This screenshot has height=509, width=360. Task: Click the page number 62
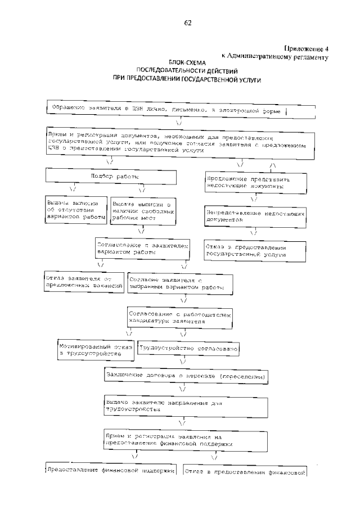188,23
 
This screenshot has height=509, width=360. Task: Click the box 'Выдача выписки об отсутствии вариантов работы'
76,210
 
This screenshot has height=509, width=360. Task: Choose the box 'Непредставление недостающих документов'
254,218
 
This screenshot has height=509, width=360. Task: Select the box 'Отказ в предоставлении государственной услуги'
254,251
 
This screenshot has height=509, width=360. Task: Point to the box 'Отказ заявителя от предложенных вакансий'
84,282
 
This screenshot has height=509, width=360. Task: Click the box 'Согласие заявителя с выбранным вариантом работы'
177,283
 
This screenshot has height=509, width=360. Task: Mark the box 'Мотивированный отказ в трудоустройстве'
96,352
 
